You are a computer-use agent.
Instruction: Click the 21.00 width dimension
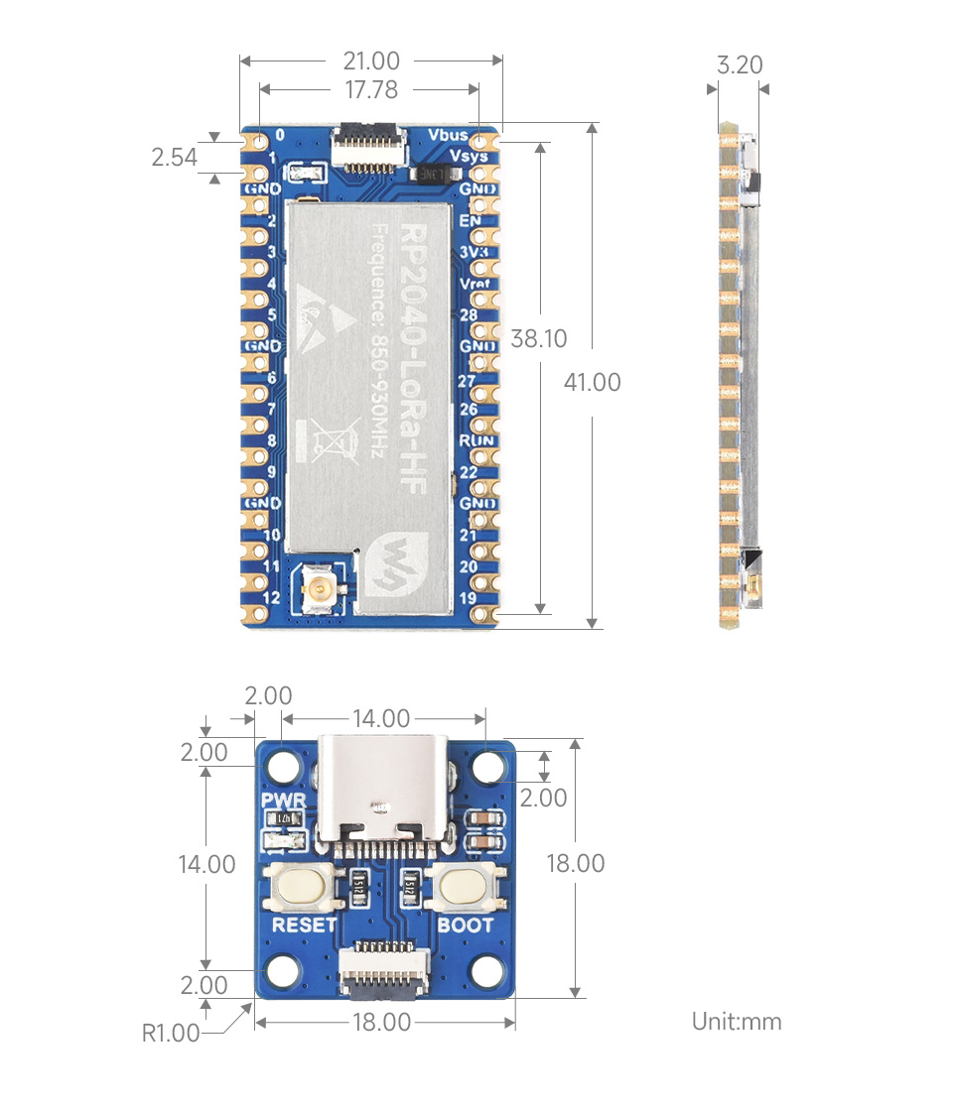(371, 61)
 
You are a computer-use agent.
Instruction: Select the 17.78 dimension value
(371, 90)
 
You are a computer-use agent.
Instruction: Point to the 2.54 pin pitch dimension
(175, 157)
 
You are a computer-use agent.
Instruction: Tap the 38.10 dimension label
(539, 339)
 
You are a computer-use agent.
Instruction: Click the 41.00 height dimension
(593, 382)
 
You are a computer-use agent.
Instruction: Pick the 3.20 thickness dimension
(740, 65)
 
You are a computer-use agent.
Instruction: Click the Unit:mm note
(737, 1022)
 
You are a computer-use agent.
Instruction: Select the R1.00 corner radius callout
(171, 1034)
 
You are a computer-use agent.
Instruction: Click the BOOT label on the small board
(466, 926)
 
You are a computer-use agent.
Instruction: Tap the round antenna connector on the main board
(322, 592)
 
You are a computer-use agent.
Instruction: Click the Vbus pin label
(449, 135)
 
